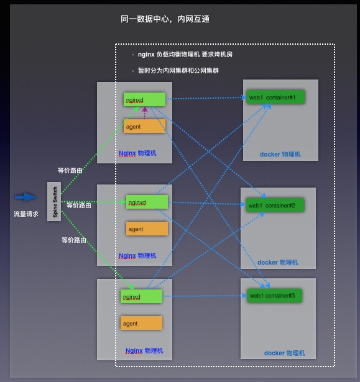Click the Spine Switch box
coord(54,202)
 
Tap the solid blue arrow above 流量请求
coord(25,197)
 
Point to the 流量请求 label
coord(26,214)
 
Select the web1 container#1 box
coord(275,98)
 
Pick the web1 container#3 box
coord(275,296)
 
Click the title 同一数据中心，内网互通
coord(165,19)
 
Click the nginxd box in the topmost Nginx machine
coord(144,99)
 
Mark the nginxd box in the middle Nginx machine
coord(147,202)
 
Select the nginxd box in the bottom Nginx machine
coord(141,296)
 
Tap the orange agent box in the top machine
coord(144,127)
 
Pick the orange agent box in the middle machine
coord(147,229)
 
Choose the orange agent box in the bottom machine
coord(141,324)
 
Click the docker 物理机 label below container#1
coord(280,154)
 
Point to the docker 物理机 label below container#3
coord(284,353)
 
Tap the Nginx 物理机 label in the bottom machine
coord(144,351)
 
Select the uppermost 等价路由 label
coord(70,170)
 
